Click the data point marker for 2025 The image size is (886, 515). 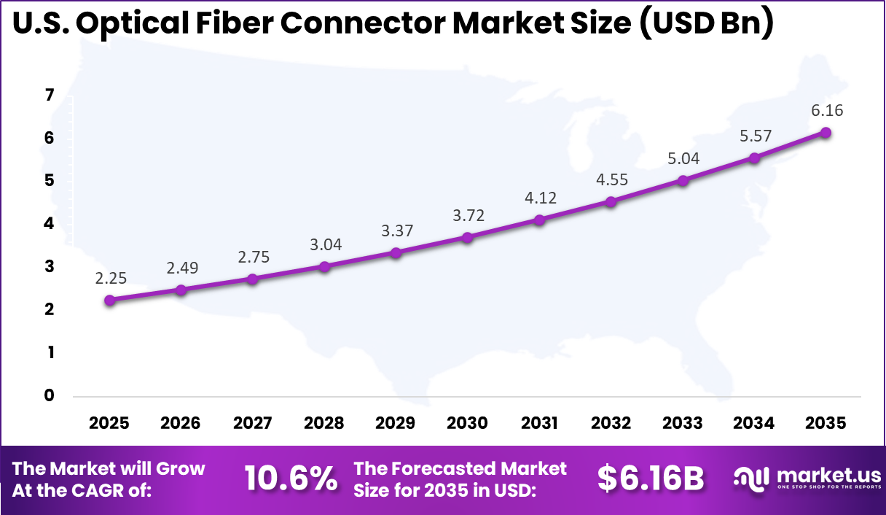tap(110, 300)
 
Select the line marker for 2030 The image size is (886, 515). tap(468, 237)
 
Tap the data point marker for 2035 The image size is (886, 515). tap(826, 132)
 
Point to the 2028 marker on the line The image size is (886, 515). tap(325, 266)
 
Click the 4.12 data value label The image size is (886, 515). tap(540, 197)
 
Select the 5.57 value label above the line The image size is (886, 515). tap(755, 135)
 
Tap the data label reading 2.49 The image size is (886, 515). tap(181, 268)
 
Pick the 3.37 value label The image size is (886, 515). tap(396, 231)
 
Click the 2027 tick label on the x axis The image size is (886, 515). tap(253, 423)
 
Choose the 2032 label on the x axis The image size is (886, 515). tap(611, 423)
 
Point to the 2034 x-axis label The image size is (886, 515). tap(755, 423)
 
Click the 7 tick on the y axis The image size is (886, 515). tap(50, 95)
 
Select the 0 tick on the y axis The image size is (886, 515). tap(50, 395)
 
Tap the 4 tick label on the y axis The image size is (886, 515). tap(50, 224)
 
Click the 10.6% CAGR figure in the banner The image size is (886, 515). tap(291, 479)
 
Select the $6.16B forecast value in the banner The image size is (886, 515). tap(651, 479)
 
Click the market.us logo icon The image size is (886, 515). tap(751, 479)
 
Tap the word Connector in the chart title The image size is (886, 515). tap(363, 24)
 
